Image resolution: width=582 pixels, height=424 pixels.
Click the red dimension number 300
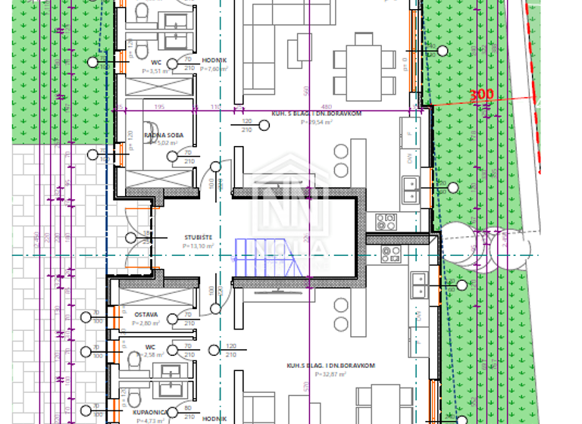pyautogui.click(x=481, y=95)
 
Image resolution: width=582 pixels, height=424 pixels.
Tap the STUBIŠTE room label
pyautogui.click(x=196, y=237)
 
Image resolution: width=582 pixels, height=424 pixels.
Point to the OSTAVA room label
pyautogui.click(x=145, y=314)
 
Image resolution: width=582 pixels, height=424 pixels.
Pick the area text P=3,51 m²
pyautogui.click(x=157, y=70)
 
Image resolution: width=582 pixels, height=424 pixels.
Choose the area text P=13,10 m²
pyautogui.click(x=197, y=246)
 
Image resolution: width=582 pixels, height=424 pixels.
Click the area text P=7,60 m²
pyautogui.click(x=214, y=69)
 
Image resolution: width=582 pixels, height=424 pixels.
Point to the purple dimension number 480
pyautogui.click(x=327, y=108)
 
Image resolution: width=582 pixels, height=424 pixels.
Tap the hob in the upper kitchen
pyautogui.click(x=386, y=221)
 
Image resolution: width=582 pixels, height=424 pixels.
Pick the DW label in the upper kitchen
pyautogui.click(x=410, y=159)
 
